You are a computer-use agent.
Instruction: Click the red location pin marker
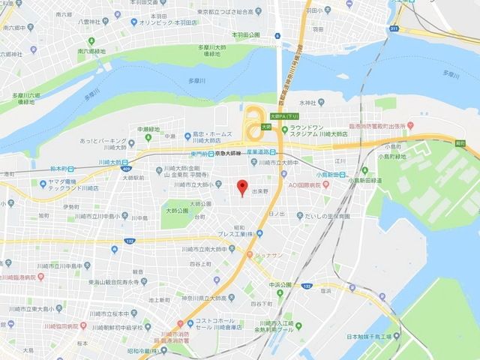point(241,187)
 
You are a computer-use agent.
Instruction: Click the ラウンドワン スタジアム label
point(309,132)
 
